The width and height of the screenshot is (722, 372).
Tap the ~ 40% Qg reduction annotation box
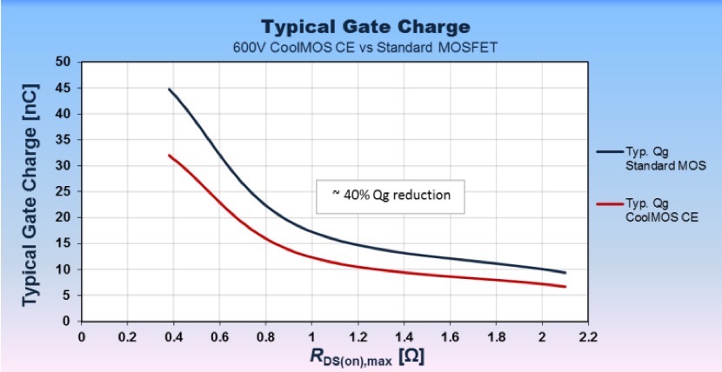(x=391, y=196)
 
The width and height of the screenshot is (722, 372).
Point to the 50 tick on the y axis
(x=64, y=62)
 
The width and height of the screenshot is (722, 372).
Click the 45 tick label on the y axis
(x=64, y=88)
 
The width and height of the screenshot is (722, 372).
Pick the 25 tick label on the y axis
(x=64, y=192)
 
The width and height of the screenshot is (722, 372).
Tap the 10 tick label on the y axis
(x=64, y=269)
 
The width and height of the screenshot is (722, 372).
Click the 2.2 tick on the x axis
(x=588, y=335)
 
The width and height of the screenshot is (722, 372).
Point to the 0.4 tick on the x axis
(x=173, y=335)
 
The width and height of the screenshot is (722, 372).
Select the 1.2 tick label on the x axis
(x=358, y=335)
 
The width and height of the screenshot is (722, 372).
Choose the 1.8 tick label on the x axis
(x=496, y=335)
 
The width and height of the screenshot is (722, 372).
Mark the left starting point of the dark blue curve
(x=170, y=89)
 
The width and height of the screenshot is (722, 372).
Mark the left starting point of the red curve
(x=170, y=155)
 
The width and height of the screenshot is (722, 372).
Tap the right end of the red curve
(x=565, y=287)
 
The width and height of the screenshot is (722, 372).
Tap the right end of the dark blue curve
(x=565, y=273)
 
